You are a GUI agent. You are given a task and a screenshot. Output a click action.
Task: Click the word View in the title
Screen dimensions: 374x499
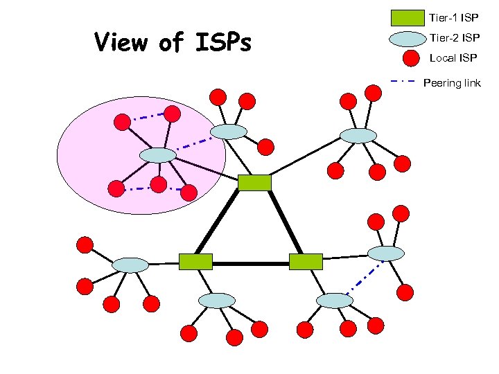[122, 42]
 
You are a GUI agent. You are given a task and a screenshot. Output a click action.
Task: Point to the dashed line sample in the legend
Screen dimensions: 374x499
[406, 82]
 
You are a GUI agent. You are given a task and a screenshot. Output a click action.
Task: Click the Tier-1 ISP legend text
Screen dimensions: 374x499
[453, 17]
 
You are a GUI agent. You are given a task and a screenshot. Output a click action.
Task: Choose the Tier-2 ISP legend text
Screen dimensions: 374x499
[453, 38]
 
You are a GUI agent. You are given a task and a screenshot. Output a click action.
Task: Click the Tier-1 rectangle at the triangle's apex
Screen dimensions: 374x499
[254, 182]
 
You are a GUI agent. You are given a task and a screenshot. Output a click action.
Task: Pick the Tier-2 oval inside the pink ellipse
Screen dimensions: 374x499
[158, 155]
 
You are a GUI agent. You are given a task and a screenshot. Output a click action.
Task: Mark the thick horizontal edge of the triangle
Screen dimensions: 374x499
[250, 263]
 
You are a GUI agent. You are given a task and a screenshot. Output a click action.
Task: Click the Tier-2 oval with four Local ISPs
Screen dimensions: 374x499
[130, 265]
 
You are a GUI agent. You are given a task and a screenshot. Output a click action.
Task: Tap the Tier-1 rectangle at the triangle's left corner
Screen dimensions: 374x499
[195, 261]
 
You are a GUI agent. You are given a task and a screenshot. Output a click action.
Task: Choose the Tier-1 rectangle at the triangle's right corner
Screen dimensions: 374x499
[306, 261]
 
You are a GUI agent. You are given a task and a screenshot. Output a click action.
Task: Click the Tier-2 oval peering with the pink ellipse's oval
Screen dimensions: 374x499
[229, 132]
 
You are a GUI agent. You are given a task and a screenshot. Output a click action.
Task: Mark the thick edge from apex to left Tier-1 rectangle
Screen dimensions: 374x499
[218, 222]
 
